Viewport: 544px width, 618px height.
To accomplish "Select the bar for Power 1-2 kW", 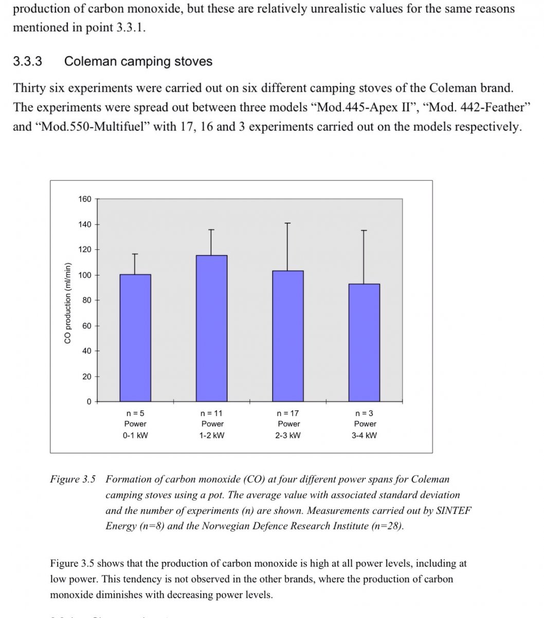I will click(212, 328).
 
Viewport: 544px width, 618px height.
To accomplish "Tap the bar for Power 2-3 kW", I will click(288, 336).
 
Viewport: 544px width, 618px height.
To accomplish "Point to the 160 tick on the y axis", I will click(85, 199).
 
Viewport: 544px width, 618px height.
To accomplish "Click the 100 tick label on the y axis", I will click(85, 275).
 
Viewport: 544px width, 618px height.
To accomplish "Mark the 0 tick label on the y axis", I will click(88, 402).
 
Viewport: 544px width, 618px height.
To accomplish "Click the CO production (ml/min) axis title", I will click(67, 303).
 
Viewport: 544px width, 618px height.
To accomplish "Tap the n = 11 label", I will click(212, 413).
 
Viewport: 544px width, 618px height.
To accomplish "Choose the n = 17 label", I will click(288, 413).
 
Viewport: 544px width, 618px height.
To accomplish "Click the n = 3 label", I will click(365, 413).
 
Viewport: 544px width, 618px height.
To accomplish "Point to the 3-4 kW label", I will click(365, 435).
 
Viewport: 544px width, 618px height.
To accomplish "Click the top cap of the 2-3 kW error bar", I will click(288, 223).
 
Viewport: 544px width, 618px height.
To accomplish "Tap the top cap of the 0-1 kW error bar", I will click(135, 254).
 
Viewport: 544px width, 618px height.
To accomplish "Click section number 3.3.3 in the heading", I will click(27, 62).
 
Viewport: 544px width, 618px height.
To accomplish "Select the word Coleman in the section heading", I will click(87, 62).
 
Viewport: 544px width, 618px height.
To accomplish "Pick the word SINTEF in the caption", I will click(453, 511).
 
